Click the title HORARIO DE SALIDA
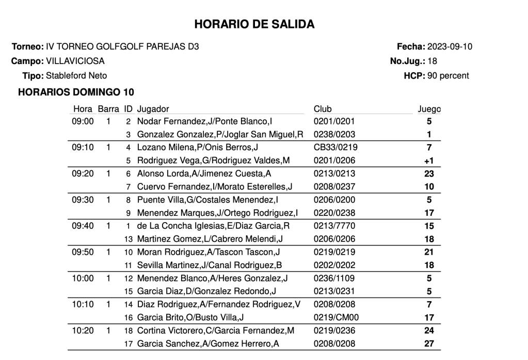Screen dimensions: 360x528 tap(254, 24)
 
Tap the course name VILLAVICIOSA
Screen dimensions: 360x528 tap(75, 61)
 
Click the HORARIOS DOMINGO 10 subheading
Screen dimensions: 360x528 tap(76, 92)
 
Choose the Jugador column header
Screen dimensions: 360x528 tap(153, 109)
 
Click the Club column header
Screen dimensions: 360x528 tap(323, 109)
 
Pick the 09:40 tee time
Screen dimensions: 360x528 tap(83, 226)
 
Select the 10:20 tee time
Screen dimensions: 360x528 tap(83, 330)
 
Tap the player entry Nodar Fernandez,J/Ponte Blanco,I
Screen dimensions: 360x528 tap(205, 121)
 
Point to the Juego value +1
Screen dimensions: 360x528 tap(428, 161)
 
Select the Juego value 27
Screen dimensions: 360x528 tap(428, 343)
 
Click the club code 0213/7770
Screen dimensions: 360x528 tap(334, 226)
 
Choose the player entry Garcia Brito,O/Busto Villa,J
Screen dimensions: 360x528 tap(190, 317)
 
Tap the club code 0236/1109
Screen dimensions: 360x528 tap(334, 278)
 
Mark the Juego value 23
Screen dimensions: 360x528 tap(428, 174)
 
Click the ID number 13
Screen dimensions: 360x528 tap(129, 239)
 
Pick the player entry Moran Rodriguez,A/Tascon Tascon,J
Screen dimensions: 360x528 tap(209, 252)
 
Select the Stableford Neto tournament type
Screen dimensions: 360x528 tap(76, 75)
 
